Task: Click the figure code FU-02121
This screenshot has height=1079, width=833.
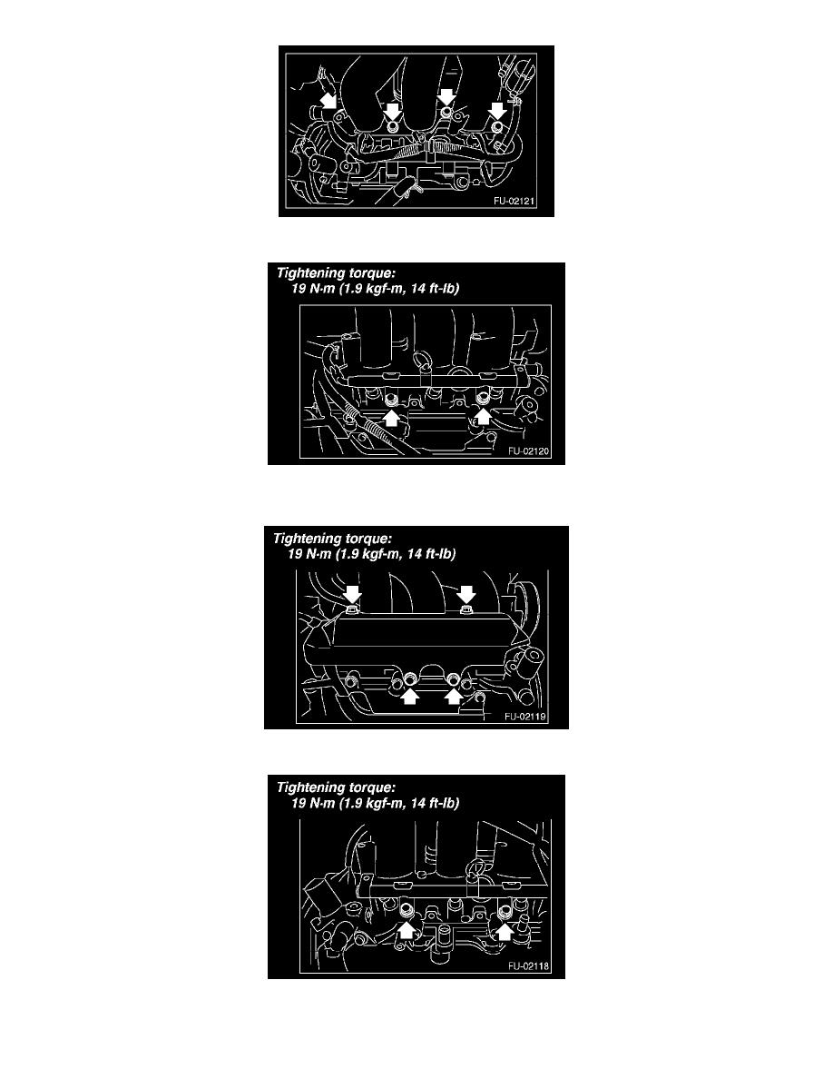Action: pyautogui.click(x=514, y=201)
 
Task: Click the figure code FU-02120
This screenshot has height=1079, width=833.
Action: pyautogui.click(x=528, y=451)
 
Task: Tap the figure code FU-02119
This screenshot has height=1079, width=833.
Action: pyautogui.click(x=525, y=717)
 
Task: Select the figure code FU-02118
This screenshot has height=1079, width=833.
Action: pyautogui.click(x=528, y=966)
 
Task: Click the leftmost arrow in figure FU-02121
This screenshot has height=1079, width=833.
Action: pyautogui.click(x=329, y=100)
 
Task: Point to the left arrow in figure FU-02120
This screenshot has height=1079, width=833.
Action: pyautogui.click(x=391, y=417)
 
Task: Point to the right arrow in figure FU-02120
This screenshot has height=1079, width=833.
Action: pyautogui.click(x=483, y=416)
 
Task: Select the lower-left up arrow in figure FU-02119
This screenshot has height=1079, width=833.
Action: pyautogui.click(x=410, y=696)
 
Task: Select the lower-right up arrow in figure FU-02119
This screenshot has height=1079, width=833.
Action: pyautogui.click(x=453, y=696)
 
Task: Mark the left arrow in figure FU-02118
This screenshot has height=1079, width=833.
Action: pyautogui.click(x=407, y=930)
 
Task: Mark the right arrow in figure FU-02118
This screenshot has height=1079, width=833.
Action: pyautogui.click(x=505, y=930)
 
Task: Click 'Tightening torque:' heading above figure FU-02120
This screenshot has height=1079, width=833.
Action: pyautogui.click(x=336, y=273)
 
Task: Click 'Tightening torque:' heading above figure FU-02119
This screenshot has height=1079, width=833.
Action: pyautogui.click(x=333, y=539)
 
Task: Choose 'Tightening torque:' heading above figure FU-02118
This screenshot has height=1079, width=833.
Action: pyautogui.click(x=336, y=787)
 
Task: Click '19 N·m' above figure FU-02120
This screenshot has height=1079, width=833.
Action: pyautogui.click(x=313, y=288)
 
